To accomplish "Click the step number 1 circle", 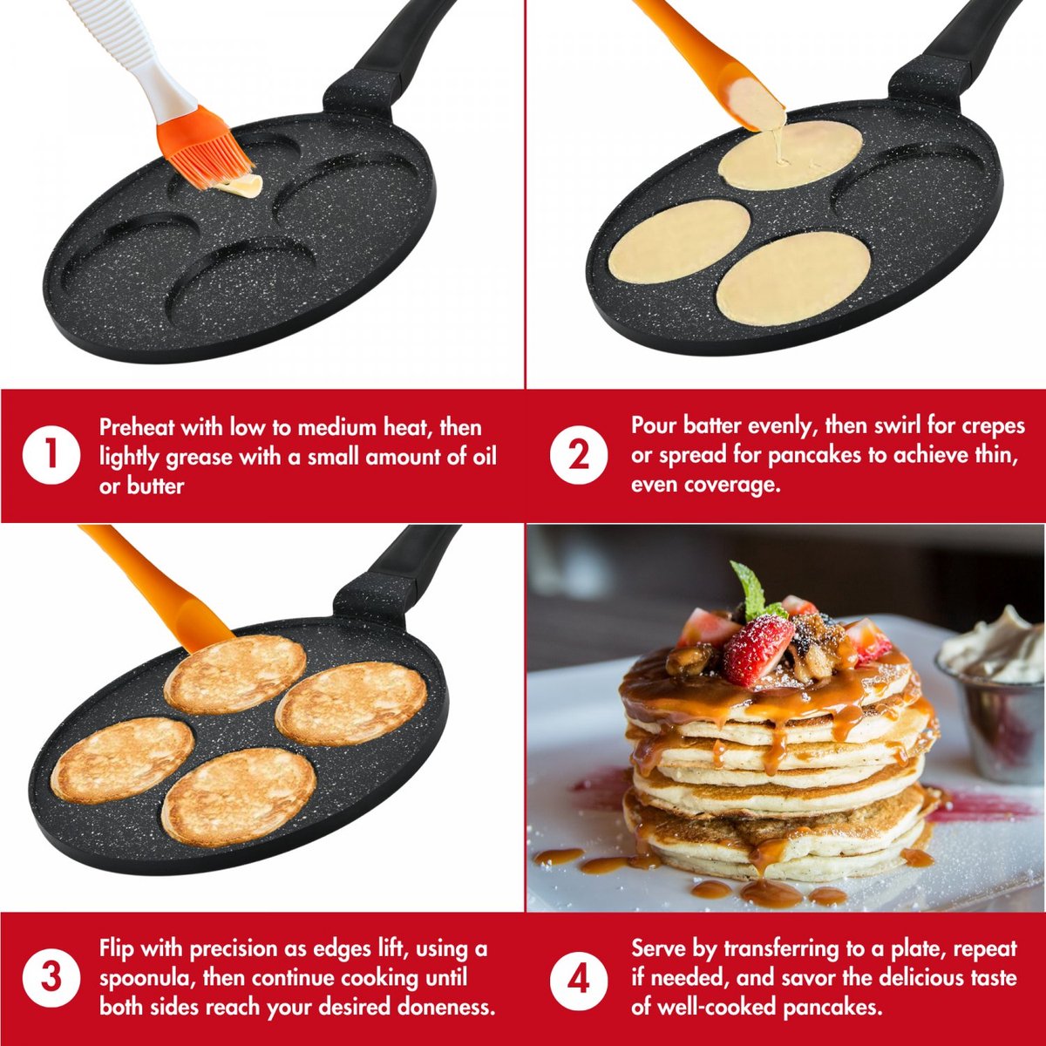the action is pos(51,455).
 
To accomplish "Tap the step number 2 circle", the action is pos(579,455).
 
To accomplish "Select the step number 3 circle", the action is pos(51,978).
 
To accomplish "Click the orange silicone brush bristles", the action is pos(204,147).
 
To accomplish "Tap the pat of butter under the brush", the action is pos(241,187).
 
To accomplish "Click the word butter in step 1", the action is pos(154,486).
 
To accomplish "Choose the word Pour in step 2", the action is pos(654,426).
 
